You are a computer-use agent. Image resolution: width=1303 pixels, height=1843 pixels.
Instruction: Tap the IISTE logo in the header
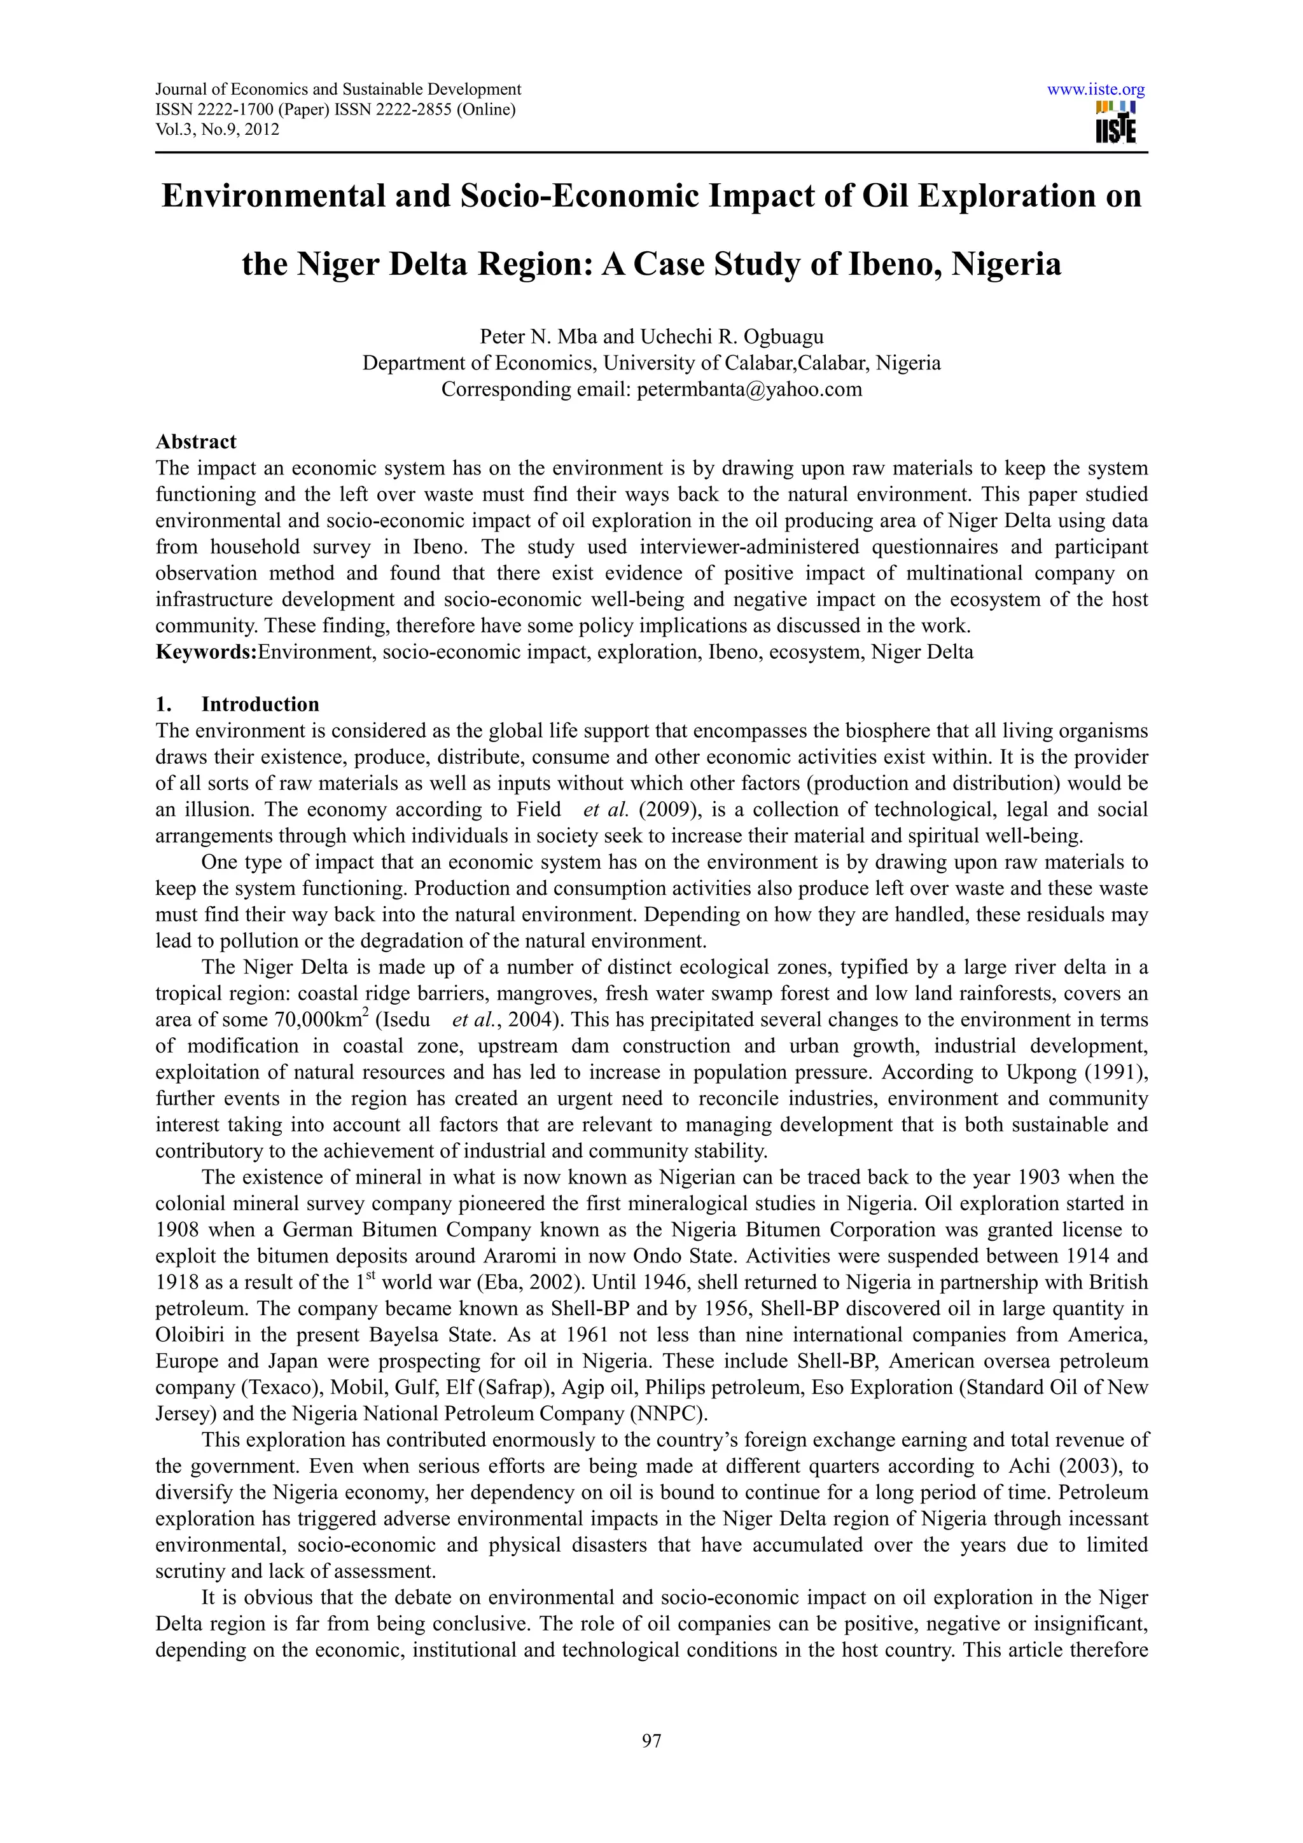point(1116,123)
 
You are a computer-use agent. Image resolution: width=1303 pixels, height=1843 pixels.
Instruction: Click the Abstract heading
point(196,441)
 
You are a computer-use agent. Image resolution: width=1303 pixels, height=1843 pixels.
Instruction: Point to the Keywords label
point(206,652)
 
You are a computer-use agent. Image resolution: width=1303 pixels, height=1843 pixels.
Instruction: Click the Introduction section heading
point(260,704)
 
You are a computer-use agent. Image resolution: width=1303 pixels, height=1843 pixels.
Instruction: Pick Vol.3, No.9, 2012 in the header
point(217,129)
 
